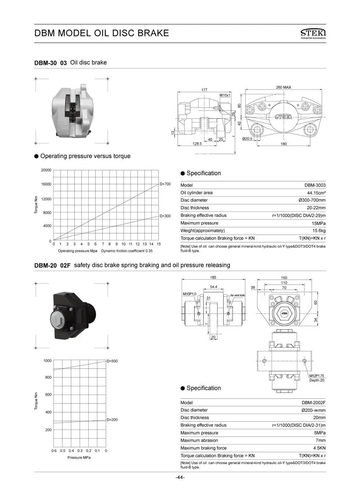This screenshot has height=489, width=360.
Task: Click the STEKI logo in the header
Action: click(313, 33)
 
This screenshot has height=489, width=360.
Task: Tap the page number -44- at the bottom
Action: click(180, 477)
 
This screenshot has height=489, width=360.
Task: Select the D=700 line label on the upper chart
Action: click(165, 184)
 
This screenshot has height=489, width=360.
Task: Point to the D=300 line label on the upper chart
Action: click(165, 216)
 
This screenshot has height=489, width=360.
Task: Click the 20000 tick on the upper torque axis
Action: click(46, 170)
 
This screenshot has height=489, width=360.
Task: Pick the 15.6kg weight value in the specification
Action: click(319, 231)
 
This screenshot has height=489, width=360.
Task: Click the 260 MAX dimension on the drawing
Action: click(283, 87)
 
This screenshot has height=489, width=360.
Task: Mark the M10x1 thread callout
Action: click(225, 95)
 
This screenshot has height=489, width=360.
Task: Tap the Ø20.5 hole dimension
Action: click(247, 139)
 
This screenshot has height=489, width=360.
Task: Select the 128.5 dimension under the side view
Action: click(197, 144)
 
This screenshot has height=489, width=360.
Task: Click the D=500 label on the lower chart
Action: click(112, 361)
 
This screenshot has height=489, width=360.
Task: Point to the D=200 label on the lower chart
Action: click(112, 420)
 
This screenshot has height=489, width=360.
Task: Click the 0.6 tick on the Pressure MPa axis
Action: click(54, 451)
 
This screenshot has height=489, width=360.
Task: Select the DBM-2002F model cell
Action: click(314, 403)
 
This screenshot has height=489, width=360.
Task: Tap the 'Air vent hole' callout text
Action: click(237, 295)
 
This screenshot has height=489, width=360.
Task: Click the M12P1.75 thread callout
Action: click(316, 376)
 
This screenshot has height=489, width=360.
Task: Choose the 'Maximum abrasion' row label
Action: click(199, 440)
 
